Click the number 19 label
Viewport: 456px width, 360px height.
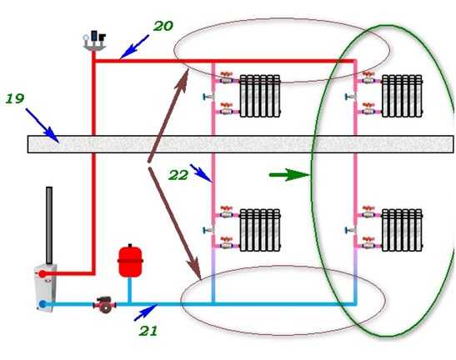click(15, 99)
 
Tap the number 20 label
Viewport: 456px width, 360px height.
click(163, 26)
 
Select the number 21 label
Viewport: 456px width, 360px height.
click(148, 331)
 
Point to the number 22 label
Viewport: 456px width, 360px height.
click(178, 175)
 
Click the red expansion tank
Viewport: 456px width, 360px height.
click(130, 261)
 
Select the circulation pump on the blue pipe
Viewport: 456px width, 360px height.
click(105, 304)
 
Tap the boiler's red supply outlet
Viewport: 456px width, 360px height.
click(43, 273)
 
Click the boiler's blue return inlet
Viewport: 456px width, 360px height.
click(43, 304)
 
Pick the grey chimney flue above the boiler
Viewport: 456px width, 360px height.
click(49, 226)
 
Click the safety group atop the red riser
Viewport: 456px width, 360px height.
click(94, 41)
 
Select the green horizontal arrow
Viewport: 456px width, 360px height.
click(289, 175)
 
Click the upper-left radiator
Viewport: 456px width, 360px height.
click(260, 96)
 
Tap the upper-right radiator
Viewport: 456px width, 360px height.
click(402, 96)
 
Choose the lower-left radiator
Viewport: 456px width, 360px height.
click(260, 230)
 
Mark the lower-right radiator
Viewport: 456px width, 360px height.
click(402, 230)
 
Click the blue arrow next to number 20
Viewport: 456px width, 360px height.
click(134, 47)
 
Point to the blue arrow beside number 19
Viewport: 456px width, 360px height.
click(43, 126)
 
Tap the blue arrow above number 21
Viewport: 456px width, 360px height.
click(146, 312)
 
